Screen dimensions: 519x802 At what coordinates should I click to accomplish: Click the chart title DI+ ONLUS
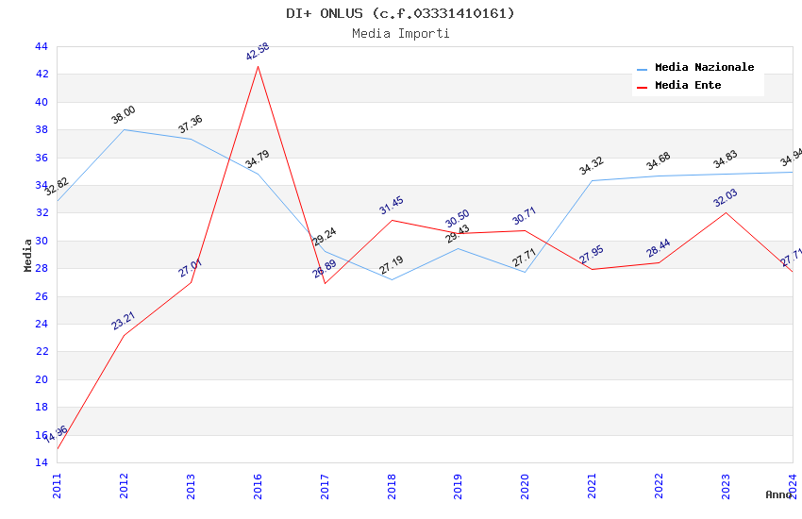point(401,13)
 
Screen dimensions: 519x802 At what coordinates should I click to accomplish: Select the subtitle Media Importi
point(401,33)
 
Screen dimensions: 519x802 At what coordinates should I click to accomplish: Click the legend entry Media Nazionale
point(704,68)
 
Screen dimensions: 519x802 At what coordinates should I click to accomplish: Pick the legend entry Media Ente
point(688,86)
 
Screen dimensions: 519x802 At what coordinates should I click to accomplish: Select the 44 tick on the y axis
point(41,46)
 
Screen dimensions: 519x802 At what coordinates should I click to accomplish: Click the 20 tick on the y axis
point(41,379)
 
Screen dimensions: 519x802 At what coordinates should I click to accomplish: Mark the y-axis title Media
point(28,255)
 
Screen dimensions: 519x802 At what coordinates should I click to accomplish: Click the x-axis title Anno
point(778,494)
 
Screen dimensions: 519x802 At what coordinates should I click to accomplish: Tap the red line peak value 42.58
point(258,52)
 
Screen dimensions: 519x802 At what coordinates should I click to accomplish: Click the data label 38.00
point(124,115)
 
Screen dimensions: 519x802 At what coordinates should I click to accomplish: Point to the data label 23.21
point(124,321)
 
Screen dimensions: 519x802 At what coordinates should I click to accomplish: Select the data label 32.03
point(726,198)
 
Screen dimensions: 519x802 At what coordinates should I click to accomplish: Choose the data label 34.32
point(592,166)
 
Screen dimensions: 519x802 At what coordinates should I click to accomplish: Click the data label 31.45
point(392,206)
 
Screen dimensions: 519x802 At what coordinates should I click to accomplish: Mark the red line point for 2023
point(726,212)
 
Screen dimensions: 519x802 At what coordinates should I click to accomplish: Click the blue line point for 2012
point(124,129)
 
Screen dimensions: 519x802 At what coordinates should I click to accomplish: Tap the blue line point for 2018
point(392,279)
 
